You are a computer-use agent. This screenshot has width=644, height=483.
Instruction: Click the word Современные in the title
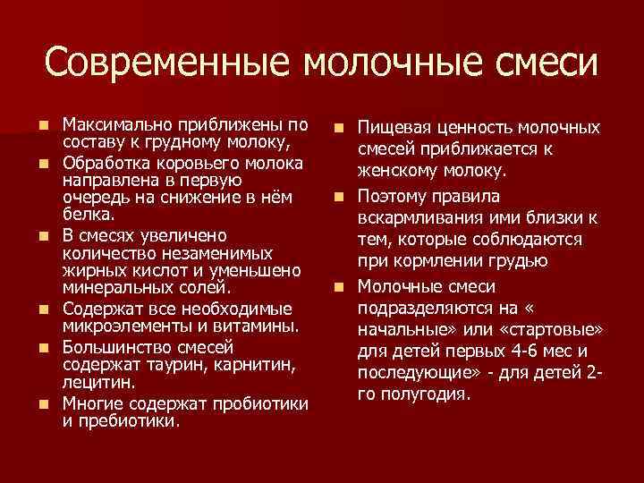tap(165, 62)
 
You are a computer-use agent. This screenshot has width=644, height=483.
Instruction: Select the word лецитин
tap(97, 382)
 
